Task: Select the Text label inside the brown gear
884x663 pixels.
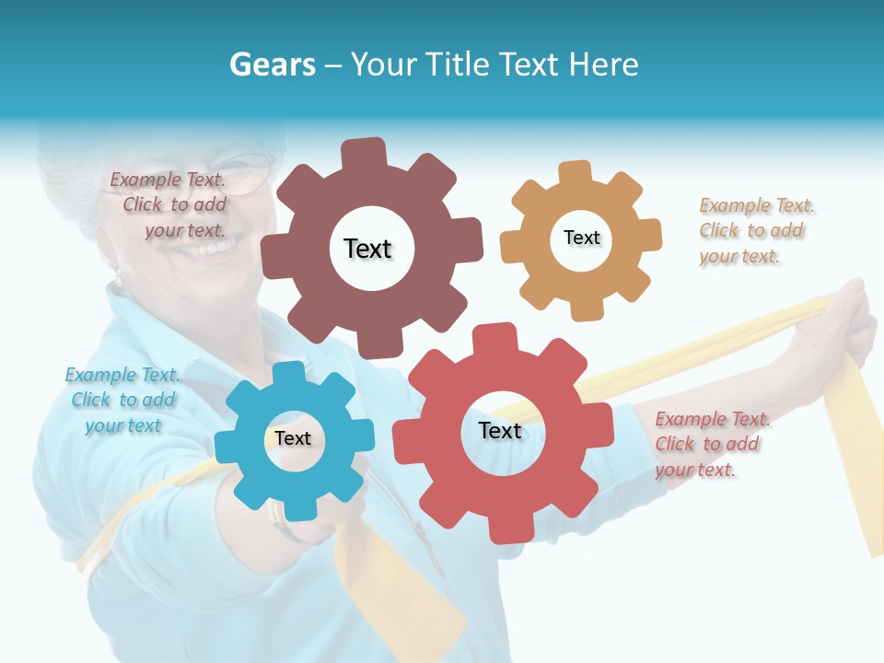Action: click(x=367, y=249)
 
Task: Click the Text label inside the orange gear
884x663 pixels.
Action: click(x=581, y=238)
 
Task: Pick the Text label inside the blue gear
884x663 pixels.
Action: click(x=293, y=438)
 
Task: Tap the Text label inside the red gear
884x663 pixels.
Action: click(x=500, y=430)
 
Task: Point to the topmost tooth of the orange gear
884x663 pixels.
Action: click(x=575, y=172)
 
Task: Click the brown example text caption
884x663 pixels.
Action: click(x=169, y=205)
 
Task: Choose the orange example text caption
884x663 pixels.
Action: click(x=755, y=231)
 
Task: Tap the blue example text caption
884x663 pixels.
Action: click(x=122, y=400)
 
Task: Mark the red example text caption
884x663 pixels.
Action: click(x=711, y=444)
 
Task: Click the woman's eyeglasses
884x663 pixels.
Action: click(x=247, y=172)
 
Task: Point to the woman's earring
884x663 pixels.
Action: click(x=117, y=277)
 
